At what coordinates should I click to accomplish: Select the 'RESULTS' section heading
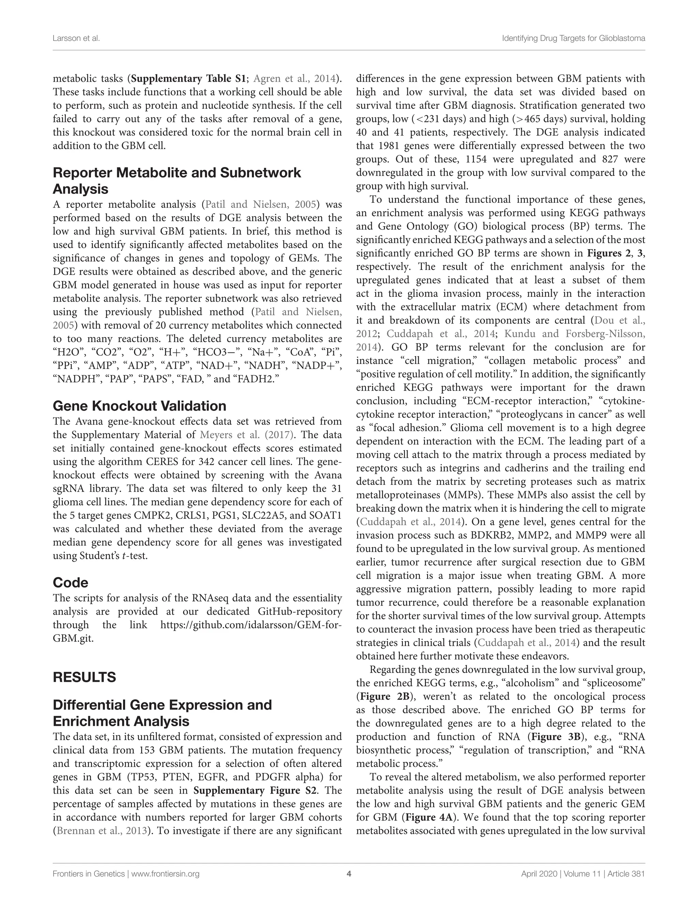84,677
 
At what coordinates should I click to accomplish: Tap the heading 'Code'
70,582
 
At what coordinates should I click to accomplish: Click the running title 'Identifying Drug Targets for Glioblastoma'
573,39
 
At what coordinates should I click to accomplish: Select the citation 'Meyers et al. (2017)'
247,435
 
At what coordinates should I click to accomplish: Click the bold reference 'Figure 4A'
429,817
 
